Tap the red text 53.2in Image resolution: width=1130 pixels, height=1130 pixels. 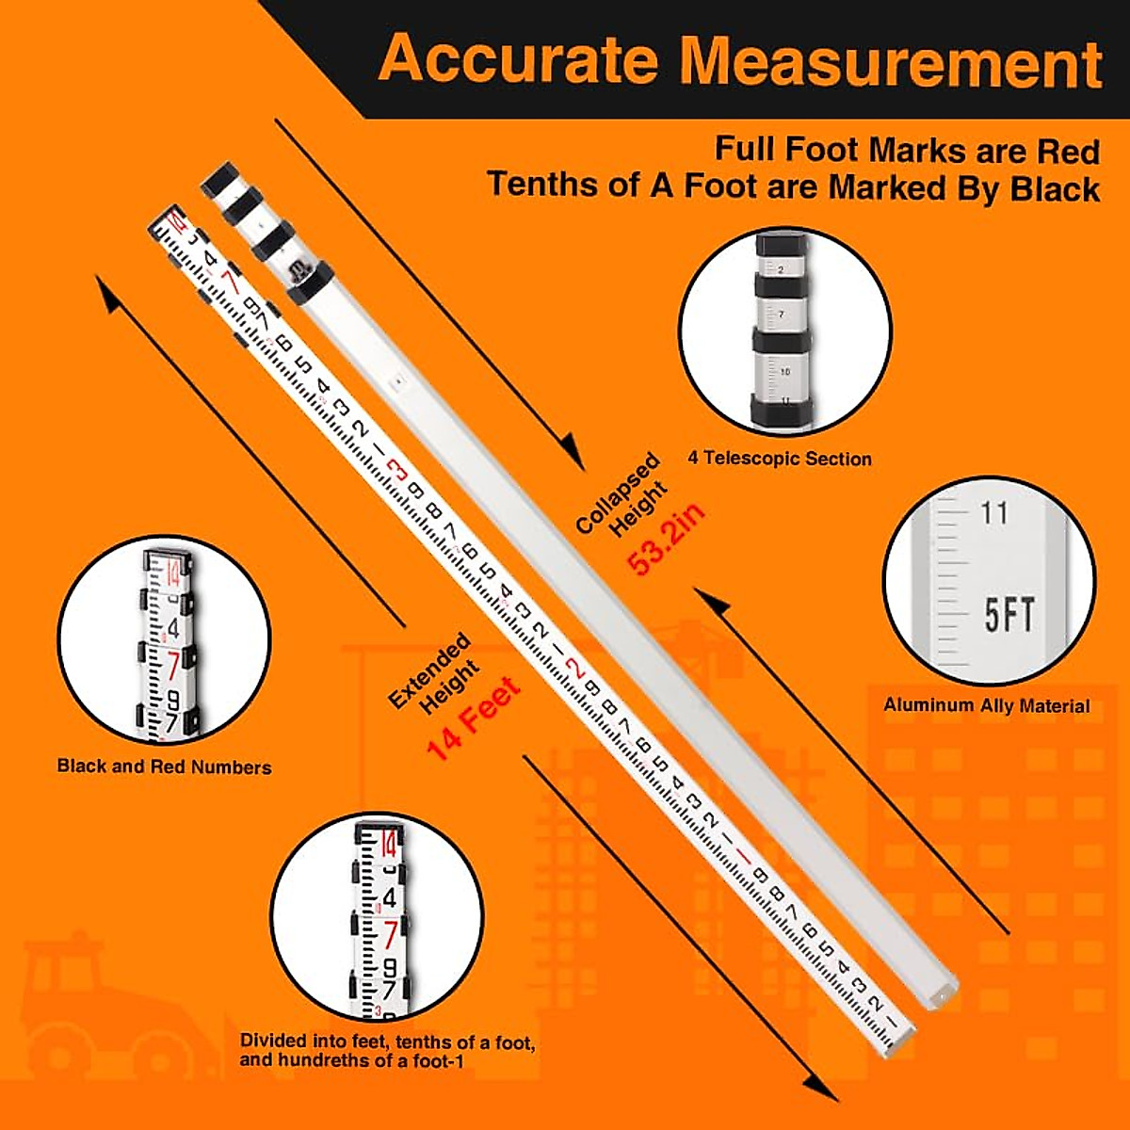pos(667,539)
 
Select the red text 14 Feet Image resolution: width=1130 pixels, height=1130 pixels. pos(473,718)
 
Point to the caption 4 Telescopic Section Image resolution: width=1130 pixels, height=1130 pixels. pos(779,459)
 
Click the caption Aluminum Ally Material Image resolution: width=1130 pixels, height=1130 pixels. pos(986,705)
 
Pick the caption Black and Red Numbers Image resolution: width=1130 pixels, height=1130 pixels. pos(164,767)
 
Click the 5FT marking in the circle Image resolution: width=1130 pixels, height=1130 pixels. pos(1009,616)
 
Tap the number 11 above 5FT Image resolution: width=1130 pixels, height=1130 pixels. pos(993,513)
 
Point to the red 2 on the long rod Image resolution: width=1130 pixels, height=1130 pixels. pos(575,670)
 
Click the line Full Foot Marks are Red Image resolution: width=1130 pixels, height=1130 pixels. pos(906,151)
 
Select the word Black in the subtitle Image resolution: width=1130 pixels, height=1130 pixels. pos(1055,188)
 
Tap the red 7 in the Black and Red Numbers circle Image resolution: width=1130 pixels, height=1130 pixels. pos(173,666)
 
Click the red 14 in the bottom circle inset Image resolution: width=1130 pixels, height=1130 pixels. pos(388,845)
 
